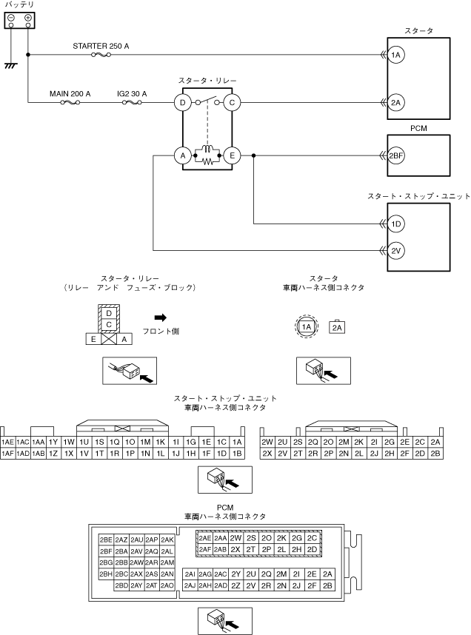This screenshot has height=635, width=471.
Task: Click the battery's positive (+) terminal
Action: [27, 17]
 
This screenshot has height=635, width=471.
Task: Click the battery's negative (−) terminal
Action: [11, 17]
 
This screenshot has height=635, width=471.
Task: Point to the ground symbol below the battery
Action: [10, 65]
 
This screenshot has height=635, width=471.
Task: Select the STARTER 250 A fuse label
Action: [101, 46]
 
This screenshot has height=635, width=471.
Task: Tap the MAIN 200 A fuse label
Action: [70, 94]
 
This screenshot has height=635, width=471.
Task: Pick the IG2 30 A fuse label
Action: [132, 94]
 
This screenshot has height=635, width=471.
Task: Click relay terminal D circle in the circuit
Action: [181, 102]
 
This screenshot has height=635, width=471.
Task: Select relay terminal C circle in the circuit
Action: [232, 102]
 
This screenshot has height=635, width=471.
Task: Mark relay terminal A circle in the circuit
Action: [181, 155]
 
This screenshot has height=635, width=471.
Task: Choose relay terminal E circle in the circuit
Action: [232, 155]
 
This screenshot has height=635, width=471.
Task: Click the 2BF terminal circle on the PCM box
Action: [396, 155]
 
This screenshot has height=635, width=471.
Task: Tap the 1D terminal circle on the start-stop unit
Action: [396, 224]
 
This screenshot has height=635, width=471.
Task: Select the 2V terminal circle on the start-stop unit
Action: [396, 251]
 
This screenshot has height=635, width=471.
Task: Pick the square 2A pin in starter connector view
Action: [337, 326]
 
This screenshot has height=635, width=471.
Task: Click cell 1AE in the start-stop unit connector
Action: [8, 442]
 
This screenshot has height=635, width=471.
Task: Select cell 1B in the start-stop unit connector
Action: [237, 453]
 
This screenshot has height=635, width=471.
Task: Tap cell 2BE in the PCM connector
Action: [106, 540]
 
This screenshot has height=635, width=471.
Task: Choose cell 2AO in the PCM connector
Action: [167, 585]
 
